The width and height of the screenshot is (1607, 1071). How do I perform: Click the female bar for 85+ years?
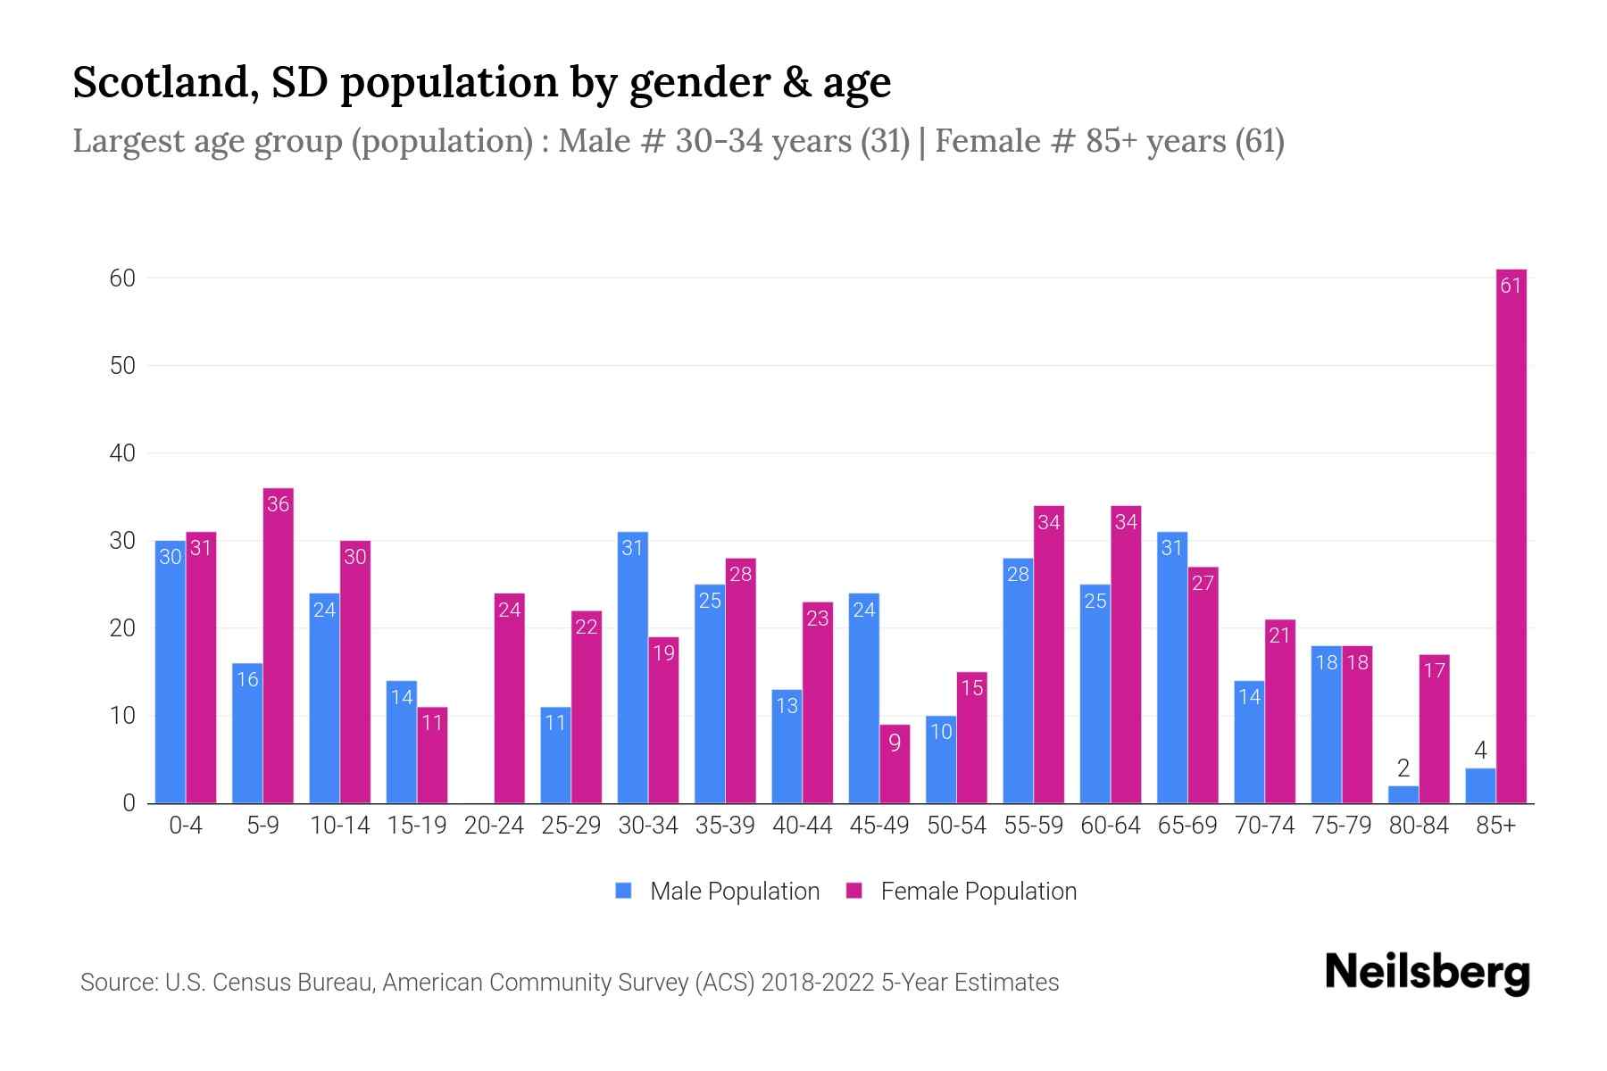pos(1511,535)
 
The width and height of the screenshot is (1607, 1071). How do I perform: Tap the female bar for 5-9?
pos(279,646)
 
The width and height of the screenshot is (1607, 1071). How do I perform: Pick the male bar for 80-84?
pos(1403,794)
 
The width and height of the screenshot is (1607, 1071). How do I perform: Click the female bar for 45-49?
pos(895,764)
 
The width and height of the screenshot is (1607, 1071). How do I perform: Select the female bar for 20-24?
pos(509,698)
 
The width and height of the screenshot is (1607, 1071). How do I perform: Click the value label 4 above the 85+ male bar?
pos(1480,751)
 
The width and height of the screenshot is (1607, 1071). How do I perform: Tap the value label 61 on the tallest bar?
pos(1511,286)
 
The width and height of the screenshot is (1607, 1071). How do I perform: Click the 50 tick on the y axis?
pos(122,366)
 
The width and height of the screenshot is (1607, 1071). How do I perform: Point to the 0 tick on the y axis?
pos(129,803)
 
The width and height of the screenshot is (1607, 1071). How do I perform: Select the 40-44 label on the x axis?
pos(802,826)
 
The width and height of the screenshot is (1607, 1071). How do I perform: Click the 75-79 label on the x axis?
pos(1341,826)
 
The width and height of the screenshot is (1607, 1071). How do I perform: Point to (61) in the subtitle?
pos(1259,141)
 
